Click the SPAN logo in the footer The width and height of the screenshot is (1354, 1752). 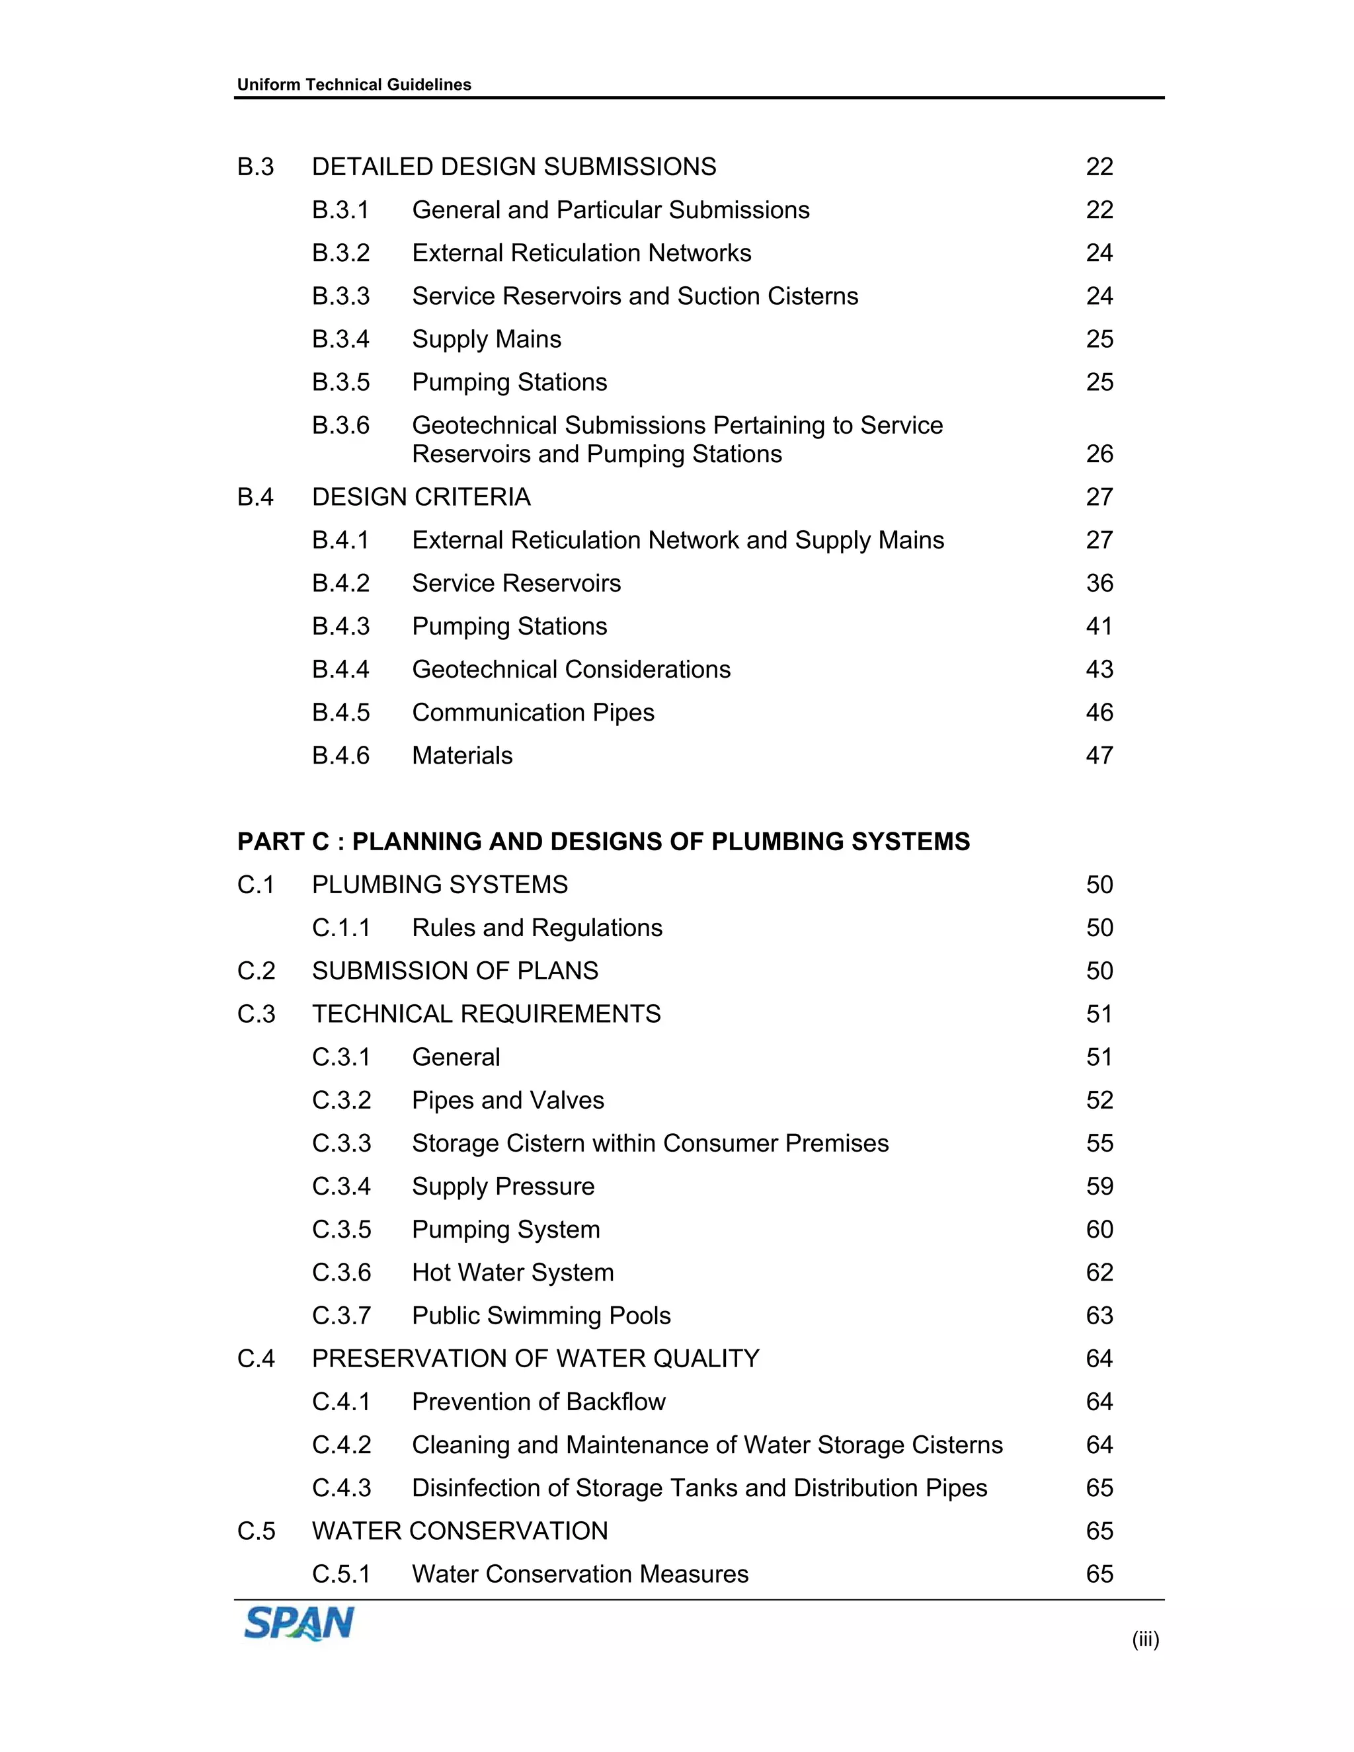click(x=298, y=1624)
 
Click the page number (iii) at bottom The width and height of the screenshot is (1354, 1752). click(x=1144, y=1640)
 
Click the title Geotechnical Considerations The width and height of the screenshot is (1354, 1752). click(x=571, y=670)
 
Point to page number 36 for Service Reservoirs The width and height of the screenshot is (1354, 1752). click(x=1099, y=583)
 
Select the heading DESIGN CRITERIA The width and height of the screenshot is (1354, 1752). click(x=421, y=497)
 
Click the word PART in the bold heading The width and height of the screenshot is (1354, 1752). click(x=270, y=842)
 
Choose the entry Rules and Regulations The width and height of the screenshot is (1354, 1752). click(x=537, y=928)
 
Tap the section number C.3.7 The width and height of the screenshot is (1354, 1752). click(x=341, y=1316)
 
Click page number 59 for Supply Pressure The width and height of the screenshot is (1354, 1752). click(x=1099, y=1187)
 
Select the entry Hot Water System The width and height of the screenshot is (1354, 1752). click(x=512, y=1272)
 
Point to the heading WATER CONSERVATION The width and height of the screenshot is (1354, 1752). click(x=459, y=1531)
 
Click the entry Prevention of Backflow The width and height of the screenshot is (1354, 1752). click(x=538, y=1402)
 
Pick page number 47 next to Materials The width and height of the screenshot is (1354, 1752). click(x=1099, y=756)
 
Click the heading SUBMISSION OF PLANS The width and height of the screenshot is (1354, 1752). click(x=455, y=971)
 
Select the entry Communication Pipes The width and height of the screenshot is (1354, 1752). click(x=533, y=712)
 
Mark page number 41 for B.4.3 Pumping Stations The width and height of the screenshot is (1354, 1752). click(x=1099, y=627)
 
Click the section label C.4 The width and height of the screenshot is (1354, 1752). click(x=256, y=1359)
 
